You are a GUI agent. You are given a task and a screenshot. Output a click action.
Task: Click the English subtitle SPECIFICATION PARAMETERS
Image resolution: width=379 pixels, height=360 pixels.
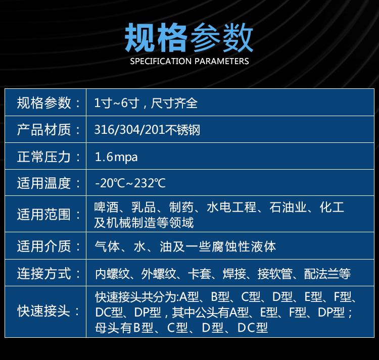189,61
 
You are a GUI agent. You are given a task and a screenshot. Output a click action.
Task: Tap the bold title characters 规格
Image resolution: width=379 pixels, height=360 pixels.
156,37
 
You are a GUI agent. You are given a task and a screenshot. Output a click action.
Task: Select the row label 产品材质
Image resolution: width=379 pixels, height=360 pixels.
44,130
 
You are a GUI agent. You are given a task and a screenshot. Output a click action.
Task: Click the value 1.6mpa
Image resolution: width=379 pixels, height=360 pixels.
116,157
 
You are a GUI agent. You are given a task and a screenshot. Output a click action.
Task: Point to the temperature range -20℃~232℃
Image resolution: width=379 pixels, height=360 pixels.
130,183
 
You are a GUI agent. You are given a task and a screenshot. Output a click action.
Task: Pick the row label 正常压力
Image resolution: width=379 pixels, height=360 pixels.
44,157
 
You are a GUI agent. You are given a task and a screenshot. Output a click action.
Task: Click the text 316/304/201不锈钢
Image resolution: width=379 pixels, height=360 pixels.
147,130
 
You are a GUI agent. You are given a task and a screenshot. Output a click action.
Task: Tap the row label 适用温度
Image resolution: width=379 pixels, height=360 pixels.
44,183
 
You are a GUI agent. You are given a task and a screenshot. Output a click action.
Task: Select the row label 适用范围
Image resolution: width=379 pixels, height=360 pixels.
44,215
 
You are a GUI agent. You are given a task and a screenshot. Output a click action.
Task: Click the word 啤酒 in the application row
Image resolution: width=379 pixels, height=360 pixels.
106,207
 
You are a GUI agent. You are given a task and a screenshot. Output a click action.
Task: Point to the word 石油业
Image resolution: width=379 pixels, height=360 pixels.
288,207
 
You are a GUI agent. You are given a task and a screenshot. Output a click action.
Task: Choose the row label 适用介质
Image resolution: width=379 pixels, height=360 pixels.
44,246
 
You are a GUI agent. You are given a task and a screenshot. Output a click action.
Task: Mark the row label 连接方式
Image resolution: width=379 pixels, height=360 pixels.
44,274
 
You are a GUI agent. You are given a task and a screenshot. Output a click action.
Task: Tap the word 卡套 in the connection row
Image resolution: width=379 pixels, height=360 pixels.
200,274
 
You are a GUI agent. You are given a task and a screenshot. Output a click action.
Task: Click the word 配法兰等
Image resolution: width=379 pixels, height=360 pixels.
327,274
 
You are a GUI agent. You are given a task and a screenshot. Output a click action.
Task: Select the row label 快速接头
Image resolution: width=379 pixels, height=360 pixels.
44,311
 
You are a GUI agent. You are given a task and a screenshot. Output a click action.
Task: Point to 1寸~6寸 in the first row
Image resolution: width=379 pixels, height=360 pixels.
117,103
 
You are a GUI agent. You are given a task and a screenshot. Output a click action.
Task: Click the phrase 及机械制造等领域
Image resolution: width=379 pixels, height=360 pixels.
144,223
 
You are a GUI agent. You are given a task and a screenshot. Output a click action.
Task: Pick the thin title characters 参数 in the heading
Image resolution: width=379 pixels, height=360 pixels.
222,37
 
